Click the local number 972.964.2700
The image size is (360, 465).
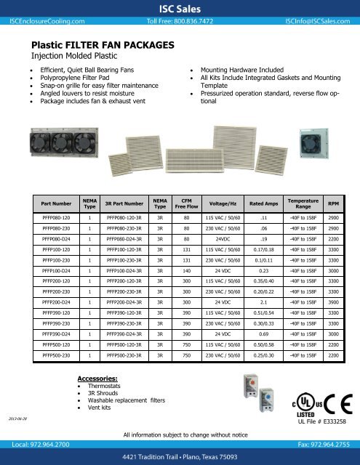point(45,442)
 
